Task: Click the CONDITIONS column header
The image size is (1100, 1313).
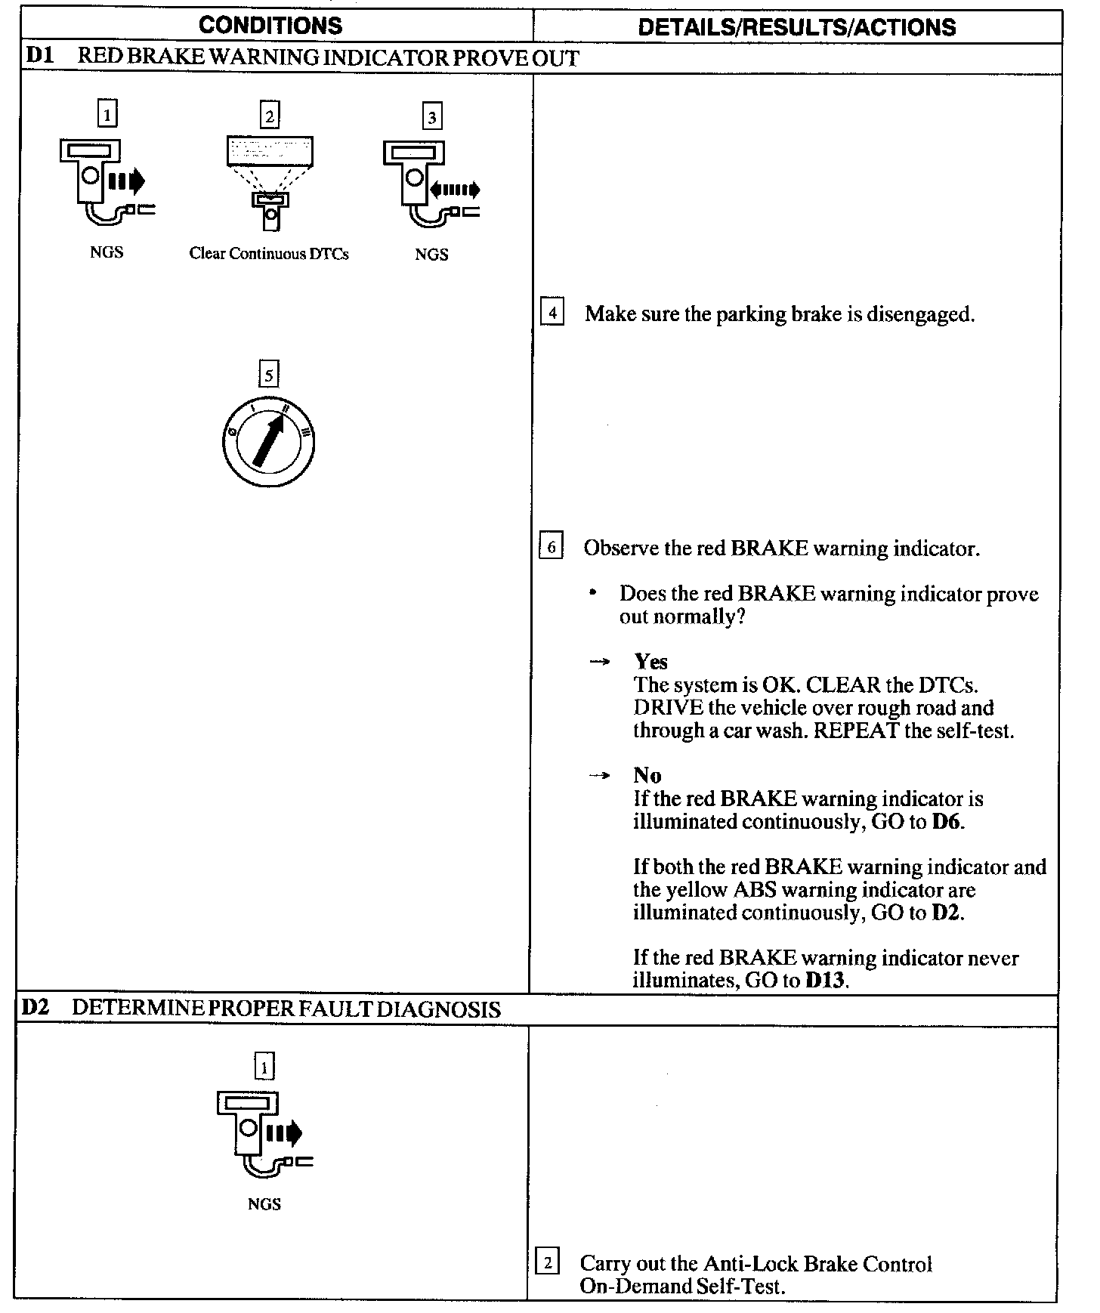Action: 270,26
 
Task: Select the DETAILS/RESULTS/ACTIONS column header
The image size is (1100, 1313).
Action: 796,27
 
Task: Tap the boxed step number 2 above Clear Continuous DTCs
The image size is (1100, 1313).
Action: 269,116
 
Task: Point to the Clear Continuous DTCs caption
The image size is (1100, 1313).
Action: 269,254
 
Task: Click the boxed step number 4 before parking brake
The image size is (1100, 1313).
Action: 552,312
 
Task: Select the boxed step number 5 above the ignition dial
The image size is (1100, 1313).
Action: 268,374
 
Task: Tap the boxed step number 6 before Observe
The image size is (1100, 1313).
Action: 551,546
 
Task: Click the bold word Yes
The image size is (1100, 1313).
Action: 650,662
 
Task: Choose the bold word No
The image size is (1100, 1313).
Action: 647,776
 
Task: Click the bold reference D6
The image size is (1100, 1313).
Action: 947,821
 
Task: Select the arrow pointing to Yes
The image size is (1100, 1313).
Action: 599,662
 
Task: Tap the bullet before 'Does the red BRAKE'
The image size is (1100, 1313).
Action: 593,593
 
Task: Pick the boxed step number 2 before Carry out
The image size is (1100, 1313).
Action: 547,1262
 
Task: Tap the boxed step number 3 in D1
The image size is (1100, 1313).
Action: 431,117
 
